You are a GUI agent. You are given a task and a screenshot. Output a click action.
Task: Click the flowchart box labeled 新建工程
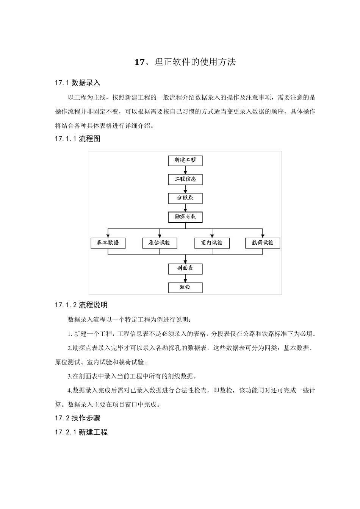coord(185,160)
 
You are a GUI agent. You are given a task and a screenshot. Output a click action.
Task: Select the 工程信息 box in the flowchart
coord(185,179)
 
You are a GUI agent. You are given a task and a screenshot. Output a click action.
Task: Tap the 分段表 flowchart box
coord(185,198)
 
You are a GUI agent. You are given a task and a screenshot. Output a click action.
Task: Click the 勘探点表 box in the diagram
coord(185,217)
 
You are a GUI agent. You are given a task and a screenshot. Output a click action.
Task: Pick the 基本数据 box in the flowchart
coord(108,243)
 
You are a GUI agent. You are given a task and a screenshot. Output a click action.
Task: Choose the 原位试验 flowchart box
coord(160,243)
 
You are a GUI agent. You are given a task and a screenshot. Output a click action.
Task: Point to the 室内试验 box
coord(212,243)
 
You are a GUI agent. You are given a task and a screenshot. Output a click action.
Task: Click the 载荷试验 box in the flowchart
coord(263,243)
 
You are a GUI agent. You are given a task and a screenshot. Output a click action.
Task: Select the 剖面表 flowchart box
coord(185,269)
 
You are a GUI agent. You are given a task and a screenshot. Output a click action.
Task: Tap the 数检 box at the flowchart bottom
coord(185,287)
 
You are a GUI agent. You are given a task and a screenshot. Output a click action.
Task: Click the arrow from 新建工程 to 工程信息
coord(185,170)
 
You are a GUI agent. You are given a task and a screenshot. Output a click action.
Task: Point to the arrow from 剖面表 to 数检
coord(185,278)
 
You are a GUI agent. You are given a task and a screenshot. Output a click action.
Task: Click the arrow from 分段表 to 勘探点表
coord(185,208)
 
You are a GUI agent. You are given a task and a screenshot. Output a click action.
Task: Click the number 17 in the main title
coord(139,62)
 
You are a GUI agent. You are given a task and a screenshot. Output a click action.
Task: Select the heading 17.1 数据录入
coord(77,83)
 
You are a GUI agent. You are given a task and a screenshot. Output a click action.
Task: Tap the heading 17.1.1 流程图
coord(77,139)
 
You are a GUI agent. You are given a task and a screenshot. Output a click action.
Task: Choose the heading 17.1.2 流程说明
coord(81,305)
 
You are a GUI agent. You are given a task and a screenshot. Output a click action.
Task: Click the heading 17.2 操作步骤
coord(77,418)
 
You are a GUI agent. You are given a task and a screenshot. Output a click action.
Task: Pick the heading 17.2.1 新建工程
coord(81,432)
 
